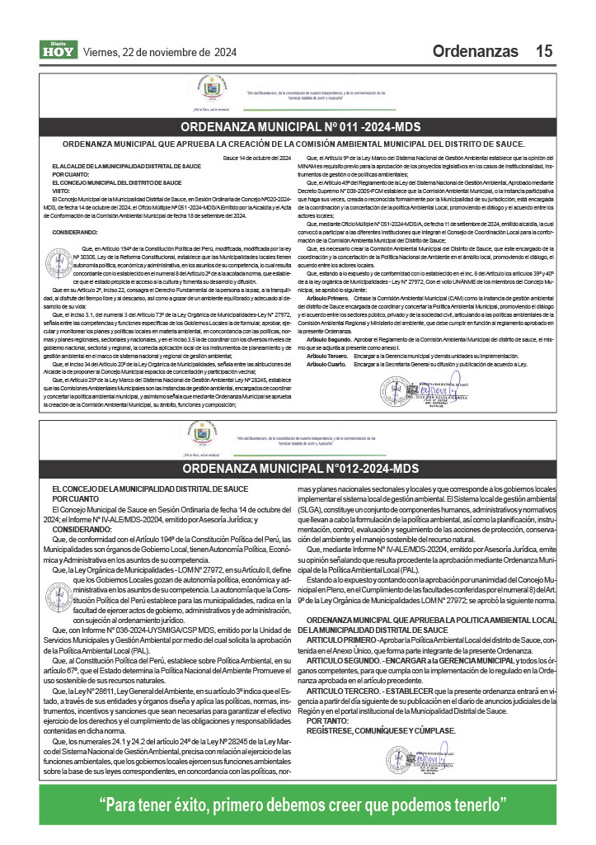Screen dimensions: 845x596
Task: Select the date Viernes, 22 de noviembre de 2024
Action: click(160, 52)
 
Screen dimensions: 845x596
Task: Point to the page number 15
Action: click(543, 51)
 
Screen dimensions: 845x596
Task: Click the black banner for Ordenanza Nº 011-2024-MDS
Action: click(300, 127)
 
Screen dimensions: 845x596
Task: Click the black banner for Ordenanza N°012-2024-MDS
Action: click(300, 469)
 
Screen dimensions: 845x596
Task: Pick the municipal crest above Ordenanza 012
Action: click(209, 432)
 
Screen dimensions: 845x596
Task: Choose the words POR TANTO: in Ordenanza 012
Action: click(328, 720)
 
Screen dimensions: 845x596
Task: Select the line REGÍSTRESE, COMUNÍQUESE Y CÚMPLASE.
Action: click(381, 731)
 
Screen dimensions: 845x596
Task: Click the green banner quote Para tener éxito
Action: click(300, 805)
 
